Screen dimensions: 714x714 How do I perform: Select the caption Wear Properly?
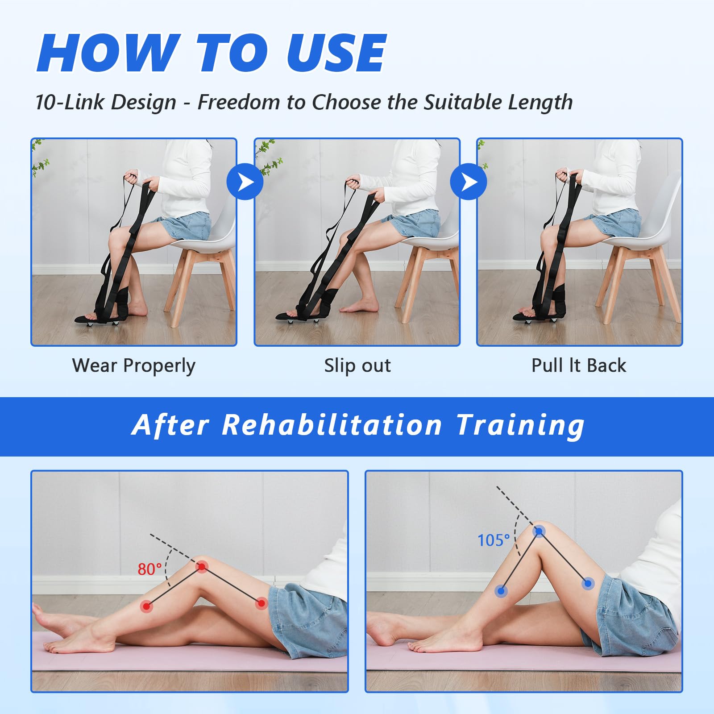tap(134, 366)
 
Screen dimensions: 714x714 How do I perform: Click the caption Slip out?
tap(357, 365)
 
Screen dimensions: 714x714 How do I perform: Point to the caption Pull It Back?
tap(579, 365)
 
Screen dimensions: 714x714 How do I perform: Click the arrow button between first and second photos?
tap(245, 182)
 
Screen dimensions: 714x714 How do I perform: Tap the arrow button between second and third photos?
tap(468, 182)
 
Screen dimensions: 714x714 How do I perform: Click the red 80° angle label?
tap(149, 569)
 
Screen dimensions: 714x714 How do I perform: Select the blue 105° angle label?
tap(494, 540)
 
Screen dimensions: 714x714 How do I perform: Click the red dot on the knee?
tap(202, 567)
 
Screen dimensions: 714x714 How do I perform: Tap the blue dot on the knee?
tap(539, 531)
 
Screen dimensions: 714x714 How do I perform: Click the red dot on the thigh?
tap(261, 604)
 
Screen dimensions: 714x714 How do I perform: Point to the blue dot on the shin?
tap(501, 591)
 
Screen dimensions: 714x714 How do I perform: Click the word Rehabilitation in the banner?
tap(332, 425)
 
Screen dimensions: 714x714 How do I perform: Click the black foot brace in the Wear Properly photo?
tap(107, 308)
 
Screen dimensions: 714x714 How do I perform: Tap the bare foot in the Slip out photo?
tap(359, 306)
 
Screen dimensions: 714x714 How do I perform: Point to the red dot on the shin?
tap(146, 606)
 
